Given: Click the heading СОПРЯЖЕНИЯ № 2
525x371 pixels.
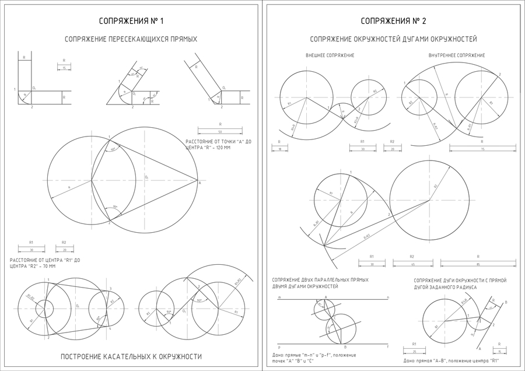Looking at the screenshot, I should click(393, 21).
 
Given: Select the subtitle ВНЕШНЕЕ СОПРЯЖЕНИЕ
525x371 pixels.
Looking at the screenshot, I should click(330, 55).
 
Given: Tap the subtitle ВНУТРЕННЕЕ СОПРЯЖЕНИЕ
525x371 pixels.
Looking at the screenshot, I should click(456, 55).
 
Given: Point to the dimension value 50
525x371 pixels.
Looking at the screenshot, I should click(220, 132).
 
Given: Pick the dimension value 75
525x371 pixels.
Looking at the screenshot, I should click(482, 149).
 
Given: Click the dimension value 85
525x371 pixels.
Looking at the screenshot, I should click(478, 264).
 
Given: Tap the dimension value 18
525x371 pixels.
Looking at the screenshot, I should click(279, 149).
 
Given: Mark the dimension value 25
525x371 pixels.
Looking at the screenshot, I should click(414, 352).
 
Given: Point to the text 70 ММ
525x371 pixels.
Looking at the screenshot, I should click(47, 266).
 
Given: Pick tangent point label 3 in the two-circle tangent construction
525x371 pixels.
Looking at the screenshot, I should click(110, 288).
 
